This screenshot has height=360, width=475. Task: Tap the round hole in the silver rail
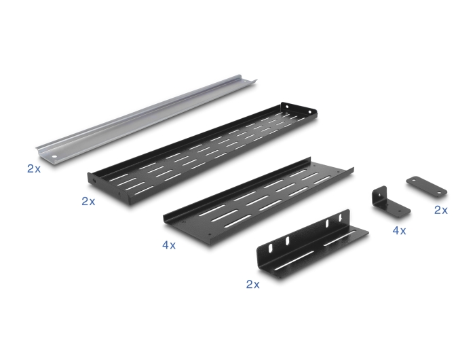click(54, 157)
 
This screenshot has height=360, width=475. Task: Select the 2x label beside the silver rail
click(34, 168)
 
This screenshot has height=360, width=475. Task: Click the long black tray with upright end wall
click(202, 153)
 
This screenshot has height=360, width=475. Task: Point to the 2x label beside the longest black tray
click(88, 201)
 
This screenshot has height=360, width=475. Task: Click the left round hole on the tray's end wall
click(286, 107)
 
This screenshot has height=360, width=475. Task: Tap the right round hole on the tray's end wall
click(309, 112)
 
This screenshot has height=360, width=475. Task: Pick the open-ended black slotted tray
click(258, 202)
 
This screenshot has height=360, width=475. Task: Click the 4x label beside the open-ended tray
click(169, 245)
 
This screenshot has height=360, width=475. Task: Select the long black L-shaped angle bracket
click(312, 244)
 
